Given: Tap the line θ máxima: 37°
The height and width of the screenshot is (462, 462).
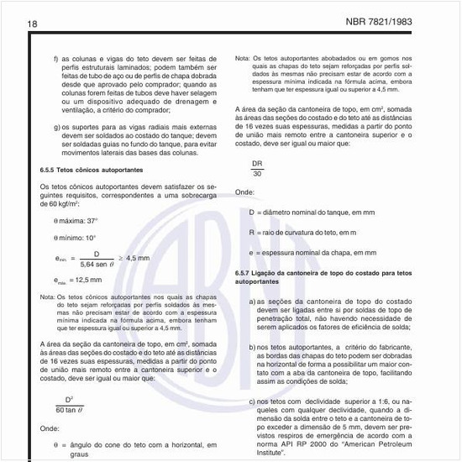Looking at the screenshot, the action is click(x=76, y=220).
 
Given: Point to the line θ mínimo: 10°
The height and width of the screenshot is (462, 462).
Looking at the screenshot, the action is click(x=75, y=238).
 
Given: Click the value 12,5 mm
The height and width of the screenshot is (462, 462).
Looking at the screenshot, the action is click(x=85, y=281).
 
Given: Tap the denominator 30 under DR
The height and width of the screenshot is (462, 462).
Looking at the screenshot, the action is click(x=256, y=174).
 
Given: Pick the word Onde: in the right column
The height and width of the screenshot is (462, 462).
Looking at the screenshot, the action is click(x=244, y=192).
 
